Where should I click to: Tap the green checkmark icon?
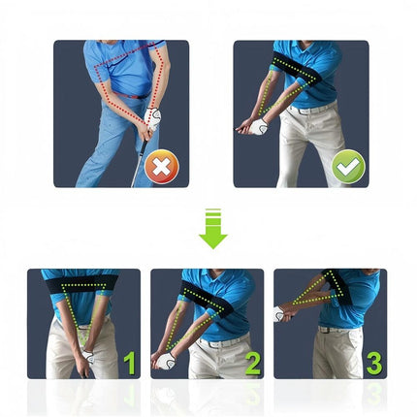[348, 167]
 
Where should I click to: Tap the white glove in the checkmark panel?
[257, 126]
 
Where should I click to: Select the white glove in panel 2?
[166, 361]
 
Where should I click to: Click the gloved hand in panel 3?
[281, 313]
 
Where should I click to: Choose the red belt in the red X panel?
[136, 96]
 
